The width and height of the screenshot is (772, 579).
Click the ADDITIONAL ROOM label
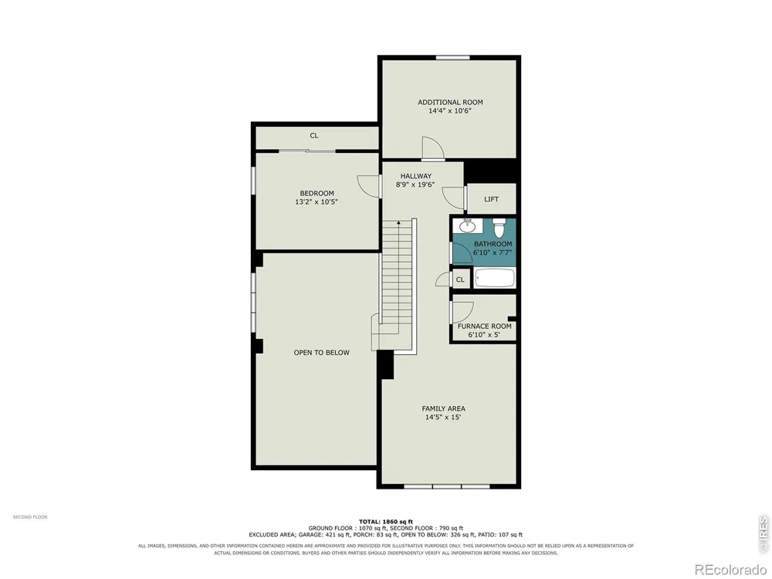pos(450,103)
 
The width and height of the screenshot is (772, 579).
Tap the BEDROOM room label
pos(317,194)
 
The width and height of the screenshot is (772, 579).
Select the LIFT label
pos(491,199)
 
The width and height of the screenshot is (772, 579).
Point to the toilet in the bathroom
pos(499,227)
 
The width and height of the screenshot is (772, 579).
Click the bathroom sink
pos(467,225)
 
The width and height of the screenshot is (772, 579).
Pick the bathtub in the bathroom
pos(494,278)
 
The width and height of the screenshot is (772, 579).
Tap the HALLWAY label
pos(415,176)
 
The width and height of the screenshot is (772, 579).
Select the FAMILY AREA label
pos(443,408)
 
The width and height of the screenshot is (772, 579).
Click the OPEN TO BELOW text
pos(321,353)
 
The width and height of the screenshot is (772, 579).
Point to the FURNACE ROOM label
pos(485,327)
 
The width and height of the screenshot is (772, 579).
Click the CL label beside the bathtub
pos(460,279)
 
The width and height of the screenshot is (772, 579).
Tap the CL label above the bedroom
pos(314,136)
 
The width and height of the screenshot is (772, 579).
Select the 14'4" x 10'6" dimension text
pos(449,111)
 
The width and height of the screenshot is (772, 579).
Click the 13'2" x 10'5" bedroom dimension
pos(317,201)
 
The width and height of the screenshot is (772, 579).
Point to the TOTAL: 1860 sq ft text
pos(385,521)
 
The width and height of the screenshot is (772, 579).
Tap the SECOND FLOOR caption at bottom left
pos(30,517)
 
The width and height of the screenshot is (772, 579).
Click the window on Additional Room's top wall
pos(452,58)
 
